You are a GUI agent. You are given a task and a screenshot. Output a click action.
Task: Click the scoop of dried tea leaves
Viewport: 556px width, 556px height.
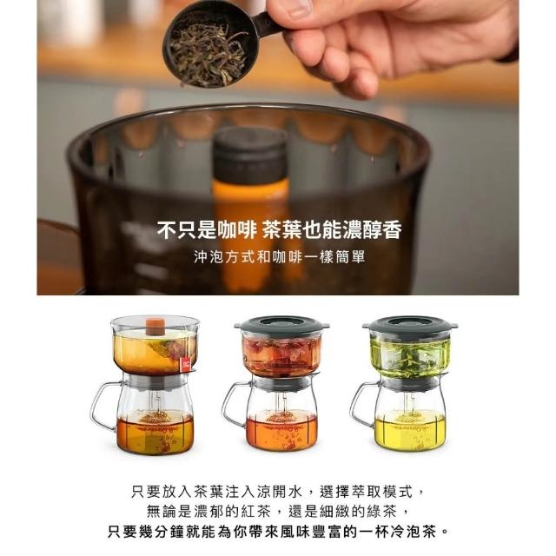(209, 50)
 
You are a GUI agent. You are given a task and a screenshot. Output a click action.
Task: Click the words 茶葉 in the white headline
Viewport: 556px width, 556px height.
(281, 230)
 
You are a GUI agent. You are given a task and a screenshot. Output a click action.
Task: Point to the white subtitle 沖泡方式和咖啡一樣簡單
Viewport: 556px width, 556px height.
(280, 257)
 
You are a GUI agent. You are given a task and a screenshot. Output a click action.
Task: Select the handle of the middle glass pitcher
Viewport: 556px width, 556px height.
(235, 404)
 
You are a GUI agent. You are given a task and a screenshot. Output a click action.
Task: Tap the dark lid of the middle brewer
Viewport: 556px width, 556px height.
(281, 324)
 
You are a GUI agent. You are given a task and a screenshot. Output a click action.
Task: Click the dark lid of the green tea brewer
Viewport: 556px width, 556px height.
(410, 324)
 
